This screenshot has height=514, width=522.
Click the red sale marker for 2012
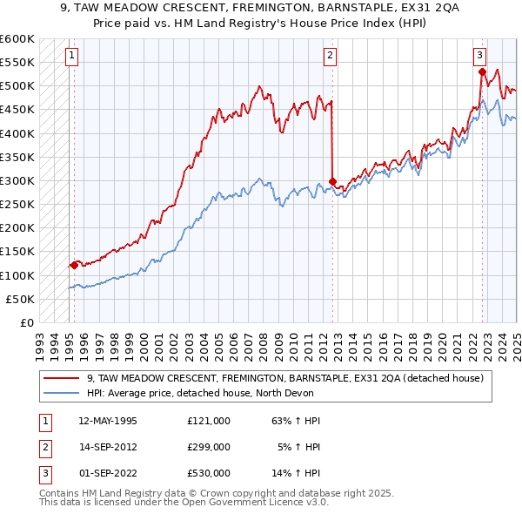pyautogui.click(x=332, y=182)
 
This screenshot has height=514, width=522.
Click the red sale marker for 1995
pyautogui.click(x=74, y=266)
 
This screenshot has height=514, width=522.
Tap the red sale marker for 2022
pyautogui.click(x=482, y=72)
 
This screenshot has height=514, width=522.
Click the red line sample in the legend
pyautogui.click(x=61, y=378)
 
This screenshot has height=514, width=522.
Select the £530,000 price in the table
pyautogui.click(x=209, y=473)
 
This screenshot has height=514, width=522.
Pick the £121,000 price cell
pyautogui.click(x=209, y=421)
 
